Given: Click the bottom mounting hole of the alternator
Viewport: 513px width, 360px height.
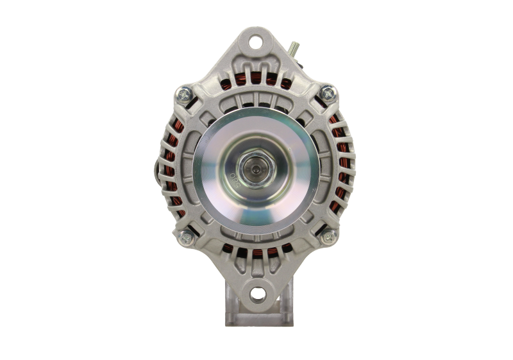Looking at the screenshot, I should tap(256, 294).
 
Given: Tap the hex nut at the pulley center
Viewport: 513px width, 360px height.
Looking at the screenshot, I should tap(257, 170).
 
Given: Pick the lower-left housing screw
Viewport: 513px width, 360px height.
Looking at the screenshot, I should tap(187, 236).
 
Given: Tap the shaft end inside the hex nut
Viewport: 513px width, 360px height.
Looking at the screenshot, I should tap(257, 170).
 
